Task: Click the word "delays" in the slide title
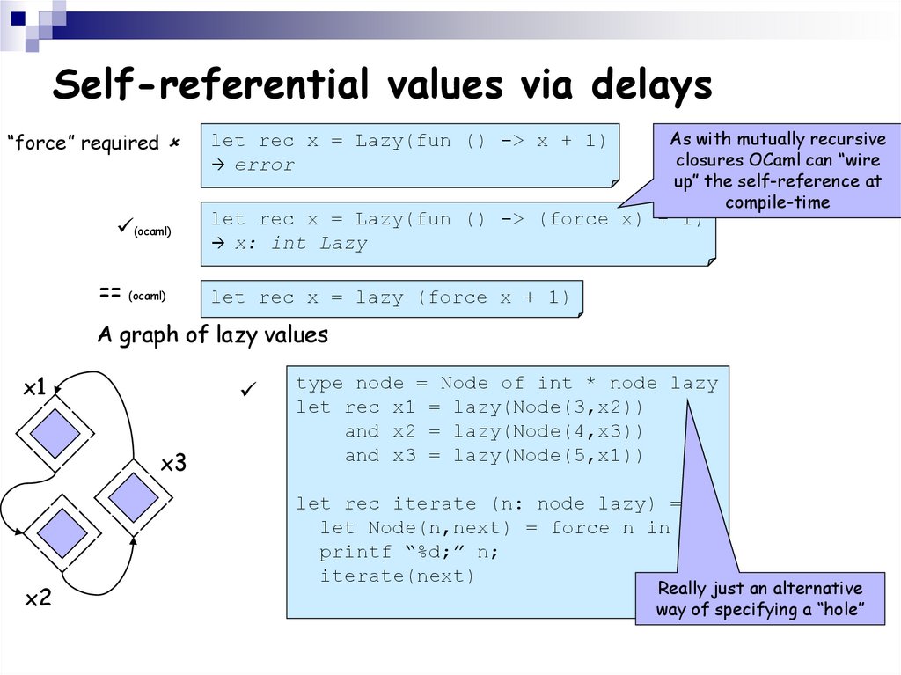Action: point(650,85)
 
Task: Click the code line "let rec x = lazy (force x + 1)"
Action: point(391,298)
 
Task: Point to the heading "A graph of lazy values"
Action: point(212,334)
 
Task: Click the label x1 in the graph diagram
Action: point(34,387)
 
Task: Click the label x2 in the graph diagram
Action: point(38,599)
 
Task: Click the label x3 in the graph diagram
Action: point(173,463)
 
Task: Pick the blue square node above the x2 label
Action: point(62,532)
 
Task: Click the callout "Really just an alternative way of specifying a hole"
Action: point(760,599)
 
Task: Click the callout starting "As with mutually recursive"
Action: point(778,171)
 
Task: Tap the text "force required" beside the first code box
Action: point(83,143)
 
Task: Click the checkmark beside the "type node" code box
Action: point(249,389)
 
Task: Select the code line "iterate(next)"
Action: point(396,576)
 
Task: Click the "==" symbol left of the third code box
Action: point(110,295)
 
